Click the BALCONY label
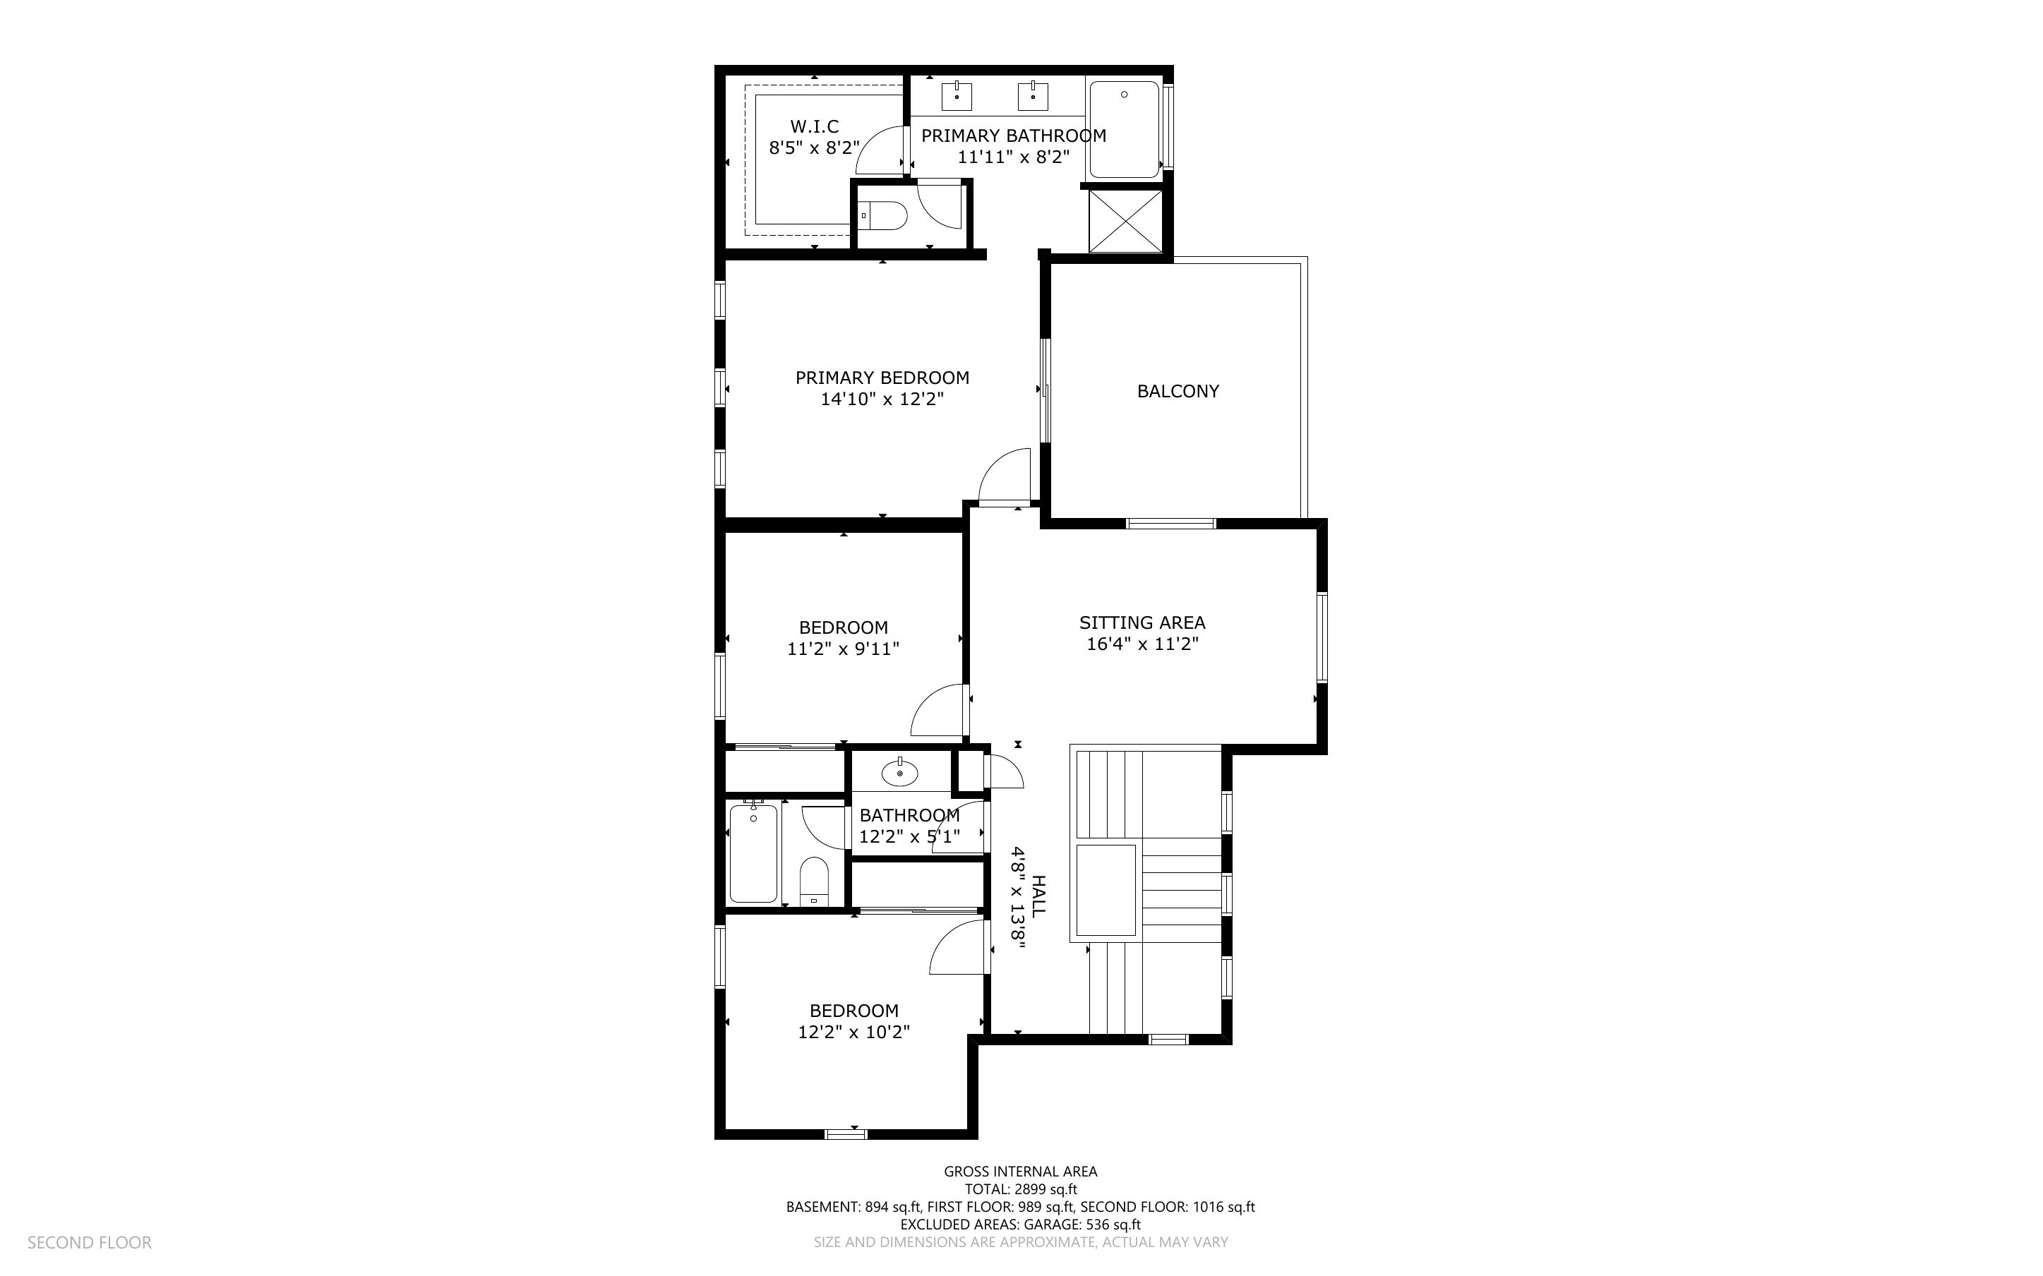(x=1178, y=392)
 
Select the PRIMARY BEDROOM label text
(x=882, y=378)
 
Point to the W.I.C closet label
(x=815, y=126)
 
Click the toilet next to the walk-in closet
(x=882, y=216)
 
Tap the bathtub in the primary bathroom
(x=1124, y=129)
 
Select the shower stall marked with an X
(x=1125, y=221)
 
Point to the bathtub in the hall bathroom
(x=753, y=853)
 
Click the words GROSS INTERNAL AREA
(x=1020, y=1172)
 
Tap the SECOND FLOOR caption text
(x=90, y=1243)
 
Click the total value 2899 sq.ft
(x=1046, y=1190)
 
